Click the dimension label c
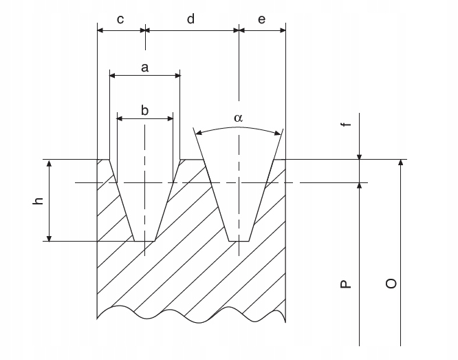(x=120, y=19)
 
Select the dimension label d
(x=191, y=19)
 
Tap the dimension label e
(x=261, y=19)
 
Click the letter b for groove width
(x=144, y=110)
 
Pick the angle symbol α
(x=238, y=118)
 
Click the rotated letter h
(x=39, y=200)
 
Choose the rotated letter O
(x=391, y=284)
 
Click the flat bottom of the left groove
(x=144, y=241)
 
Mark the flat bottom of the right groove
(x=239, y=241)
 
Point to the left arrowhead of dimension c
(x=100, y=30)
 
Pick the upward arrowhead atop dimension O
(x=400, y=164)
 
